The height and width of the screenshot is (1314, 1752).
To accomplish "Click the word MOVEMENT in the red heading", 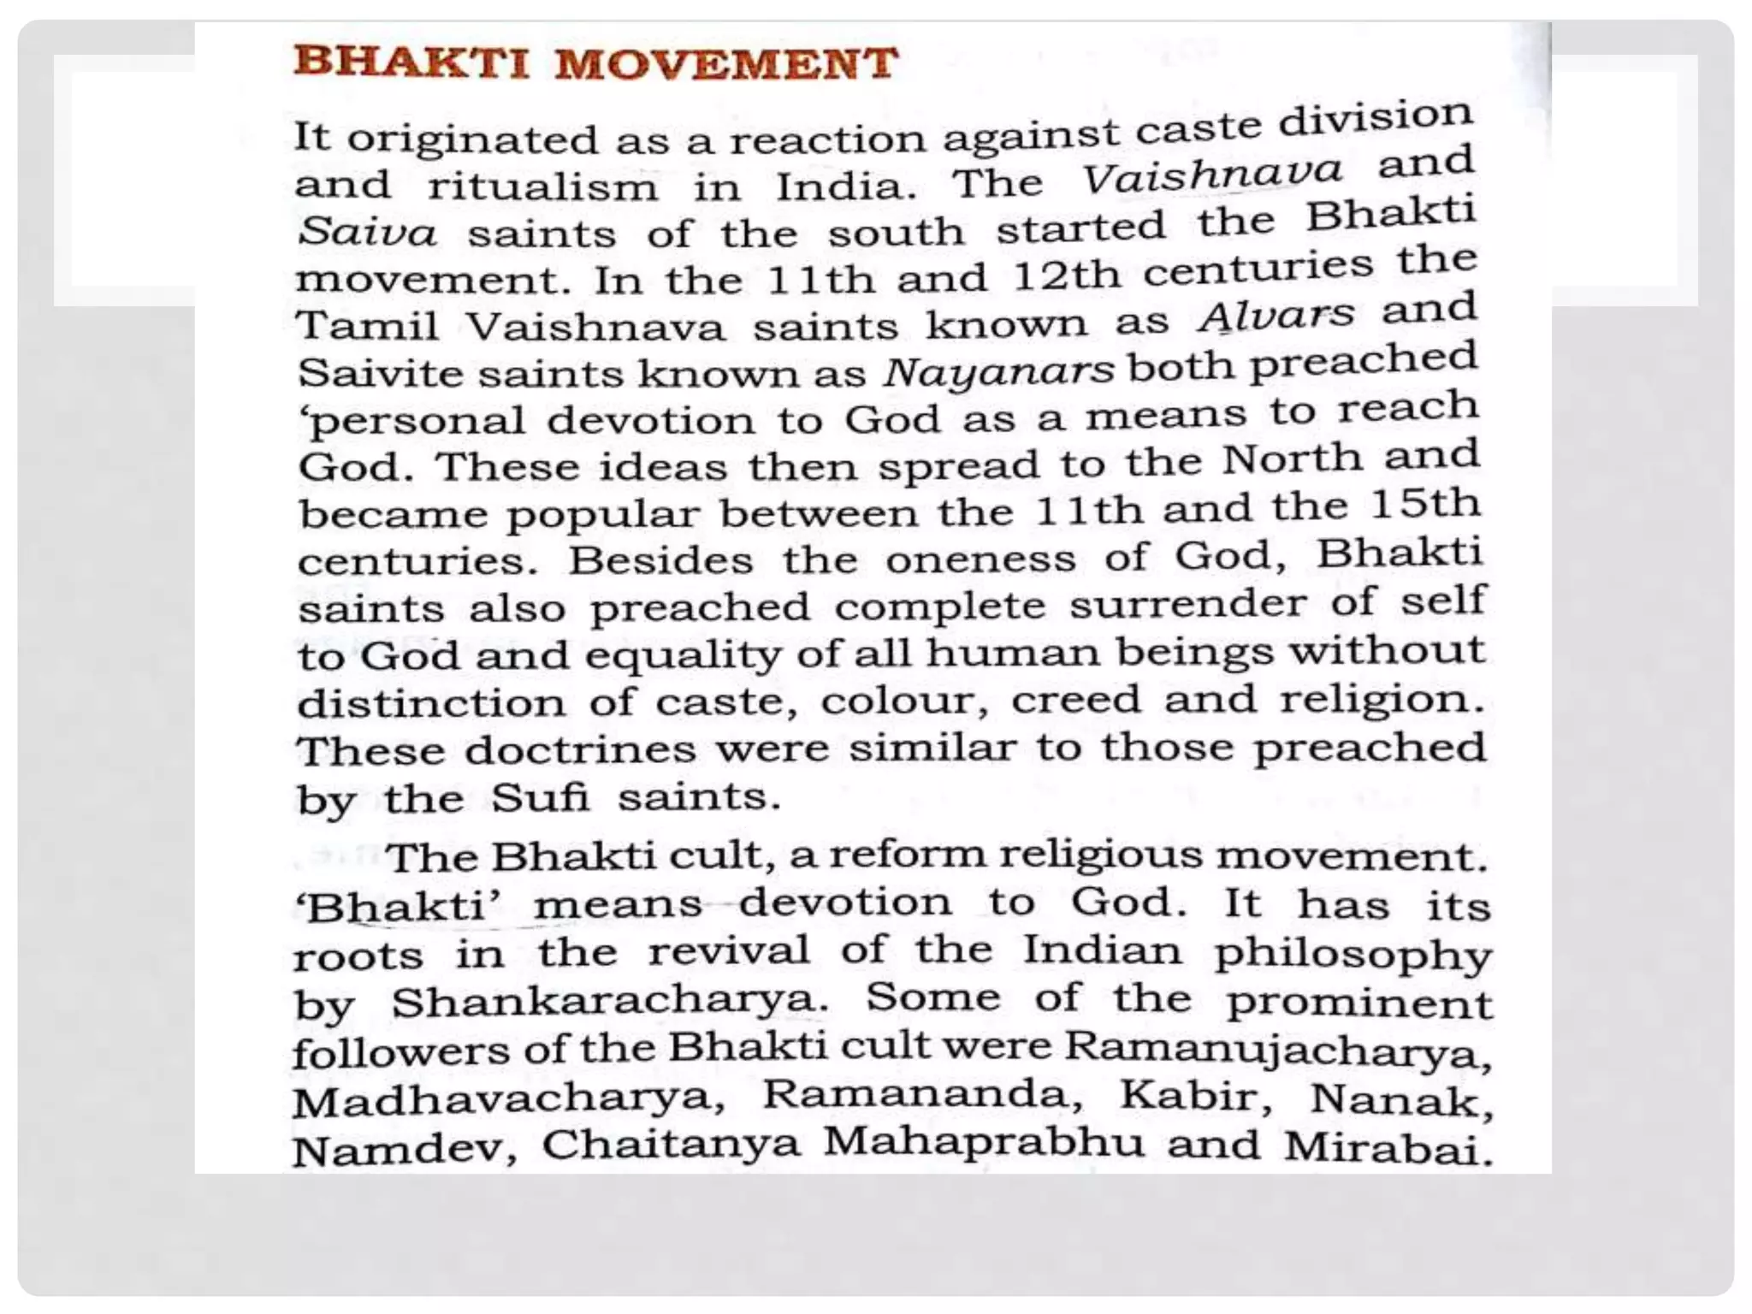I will (x=726, y=64).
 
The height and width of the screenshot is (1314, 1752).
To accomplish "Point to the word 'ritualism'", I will (x=542, y=187).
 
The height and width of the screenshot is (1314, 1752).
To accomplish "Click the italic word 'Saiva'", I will (x=367, y=233).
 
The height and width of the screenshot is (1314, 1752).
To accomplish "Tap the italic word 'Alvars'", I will (x=1276, y=316).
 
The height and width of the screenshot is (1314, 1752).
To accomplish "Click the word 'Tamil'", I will (x=367, y=327).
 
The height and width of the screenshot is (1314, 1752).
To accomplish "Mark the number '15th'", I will (x=1424, y=505).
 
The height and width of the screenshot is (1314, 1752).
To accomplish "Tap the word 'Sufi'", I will (x=540, y=798).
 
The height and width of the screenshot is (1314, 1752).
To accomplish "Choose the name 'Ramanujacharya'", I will (x=1278, y=1050).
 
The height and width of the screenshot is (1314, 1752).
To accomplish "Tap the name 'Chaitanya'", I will (x=671, y=1145).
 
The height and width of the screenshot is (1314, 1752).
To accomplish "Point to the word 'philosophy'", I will (x=1352, y=955).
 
